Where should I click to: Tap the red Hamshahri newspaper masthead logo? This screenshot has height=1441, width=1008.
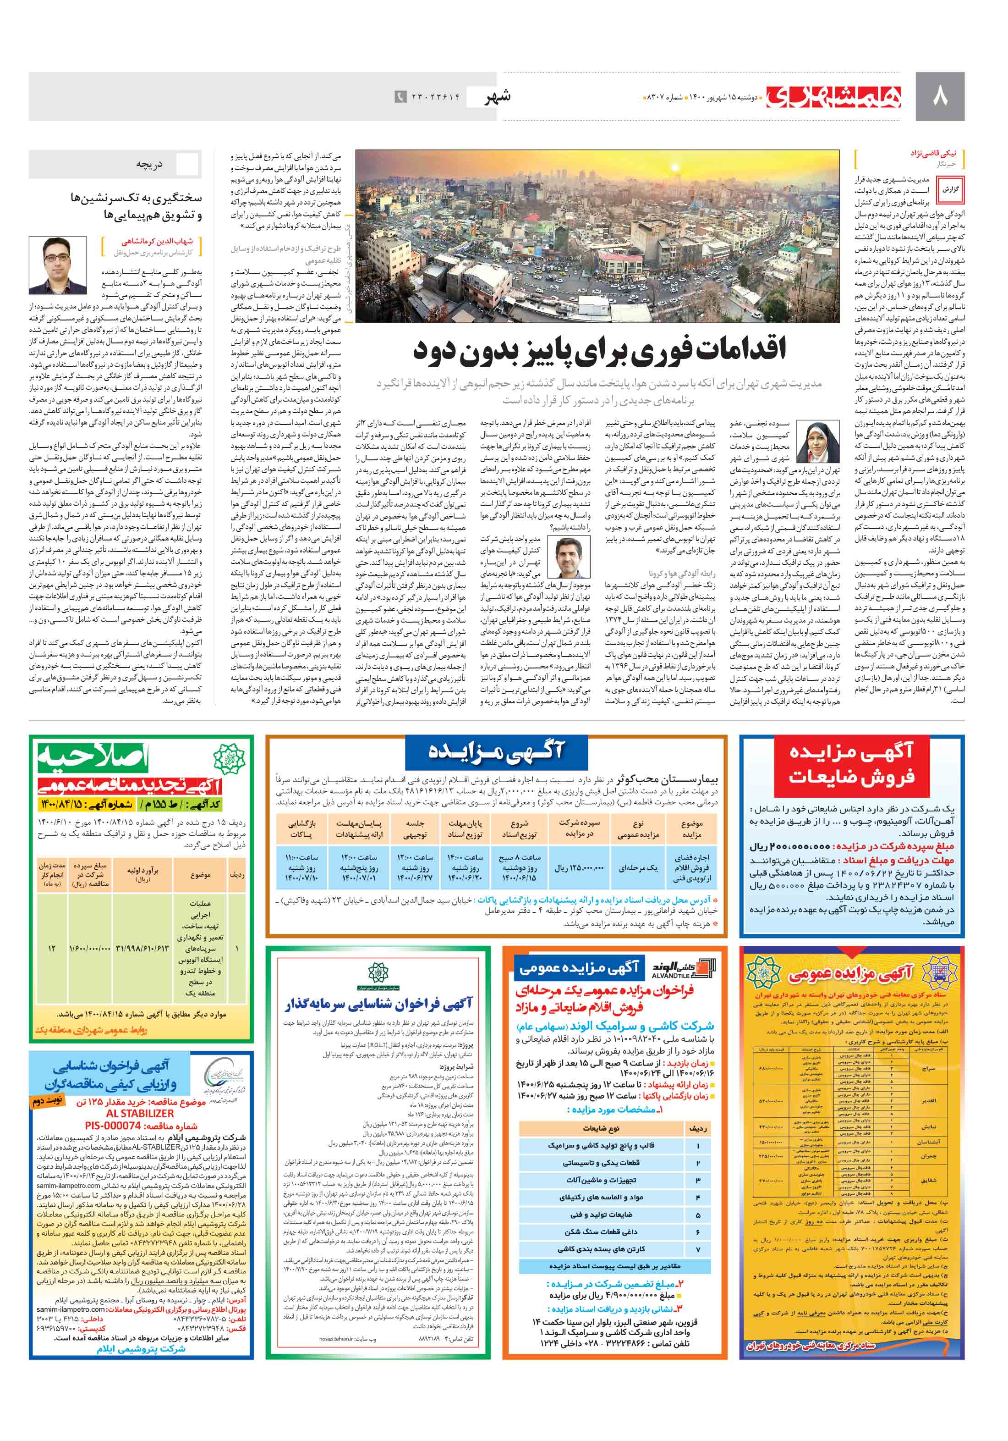834,97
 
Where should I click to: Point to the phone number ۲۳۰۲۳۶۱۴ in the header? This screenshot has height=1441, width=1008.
435,97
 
